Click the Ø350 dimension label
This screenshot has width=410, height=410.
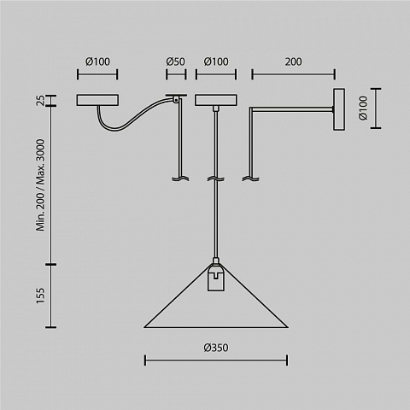(216, 348)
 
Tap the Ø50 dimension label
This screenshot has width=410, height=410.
(175, 61)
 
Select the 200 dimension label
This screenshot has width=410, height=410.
(293, 61)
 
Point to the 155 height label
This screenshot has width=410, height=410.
(40, 296)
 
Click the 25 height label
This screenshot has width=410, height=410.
(40, 101)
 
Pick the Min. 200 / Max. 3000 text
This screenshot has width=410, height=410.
(40, 185)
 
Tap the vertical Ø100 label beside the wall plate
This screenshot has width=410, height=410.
(363, 108)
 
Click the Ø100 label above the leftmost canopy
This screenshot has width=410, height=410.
(97, 61)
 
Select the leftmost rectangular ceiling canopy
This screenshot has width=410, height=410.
(97, 100)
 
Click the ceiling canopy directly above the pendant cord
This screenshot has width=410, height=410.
(216, 100)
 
